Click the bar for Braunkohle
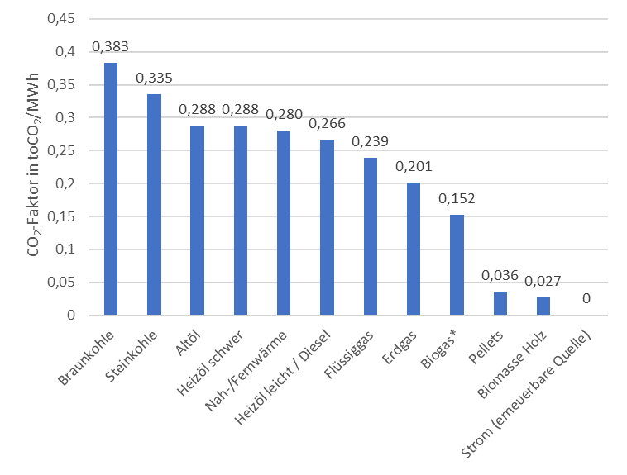tap(111, 189)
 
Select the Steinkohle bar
tap(155, 205)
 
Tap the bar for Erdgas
tap(414, 249)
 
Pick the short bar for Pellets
tap(500, 303)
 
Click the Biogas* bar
tap(457, 265)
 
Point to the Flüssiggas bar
tap(371, 236)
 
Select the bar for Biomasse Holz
tap(543, 306)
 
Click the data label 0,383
tap(110, 47)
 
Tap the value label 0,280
tap(284, 115)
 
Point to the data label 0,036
tap(500, 276)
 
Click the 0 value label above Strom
tap(586, 298)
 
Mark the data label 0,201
tap(414, 167)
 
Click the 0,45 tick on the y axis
tap(61, 18)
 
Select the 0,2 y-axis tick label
tap(65, 183)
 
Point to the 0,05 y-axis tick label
tap(61, 282)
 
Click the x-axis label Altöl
tap(188, 343)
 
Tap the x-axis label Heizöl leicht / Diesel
tap(283, 378)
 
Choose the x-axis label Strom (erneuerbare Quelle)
tap(526, 394)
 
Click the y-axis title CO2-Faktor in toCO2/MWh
tap(34, 164)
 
